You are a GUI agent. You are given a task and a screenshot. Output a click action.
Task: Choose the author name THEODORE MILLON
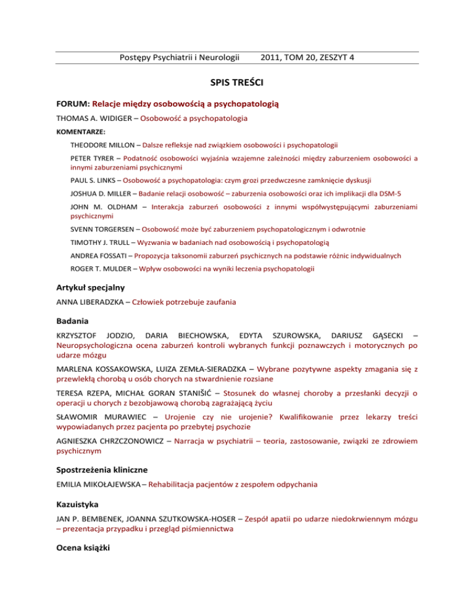pyautogui.click(x=102, y=146)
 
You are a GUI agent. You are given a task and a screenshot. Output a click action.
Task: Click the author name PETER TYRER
pyautogui.click(x=91, y=159)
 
